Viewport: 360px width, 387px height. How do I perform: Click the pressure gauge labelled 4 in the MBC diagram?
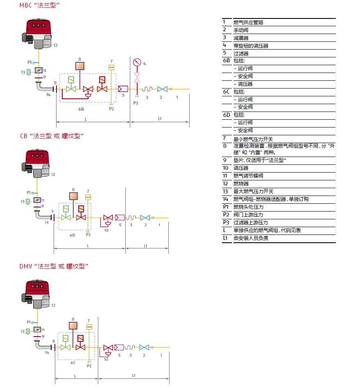137,62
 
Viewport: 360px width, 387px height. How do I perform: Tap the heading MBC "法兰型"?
40,5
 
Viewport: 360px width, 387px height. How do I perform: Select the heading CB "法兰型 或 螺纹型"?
52,136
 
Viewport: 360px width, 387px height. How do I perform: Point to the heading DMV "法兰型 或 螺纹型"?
54,266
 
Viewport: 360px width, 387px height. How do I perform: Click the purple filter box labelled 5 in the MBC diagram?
123,89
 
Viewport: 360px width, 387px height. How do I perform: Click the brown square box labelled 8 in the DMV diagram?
73,326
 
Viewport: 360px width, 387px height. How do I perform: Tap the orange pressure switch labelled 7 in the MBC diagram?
111,67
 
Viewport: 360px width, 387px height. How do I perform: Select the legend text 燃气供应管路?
248,22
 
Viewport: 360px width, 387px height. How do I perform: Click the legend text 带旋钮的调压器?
251,46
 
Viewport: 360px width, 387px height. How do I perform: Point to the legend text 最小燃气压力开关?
253,139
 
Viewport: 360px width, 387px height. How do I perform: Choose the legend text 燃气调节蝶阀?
248,176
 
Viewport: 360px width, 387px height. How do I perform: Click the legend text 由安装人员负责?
251,238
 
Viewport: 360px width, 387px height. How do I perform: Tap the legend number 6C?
226,92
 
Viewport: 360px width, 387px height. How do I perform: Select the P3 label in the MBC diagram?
136,103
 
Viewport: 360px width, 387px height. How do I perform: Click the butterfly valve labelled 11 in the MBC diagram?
38,70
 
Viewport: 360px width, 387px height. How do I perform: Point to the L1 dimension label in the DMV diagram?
134,375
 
